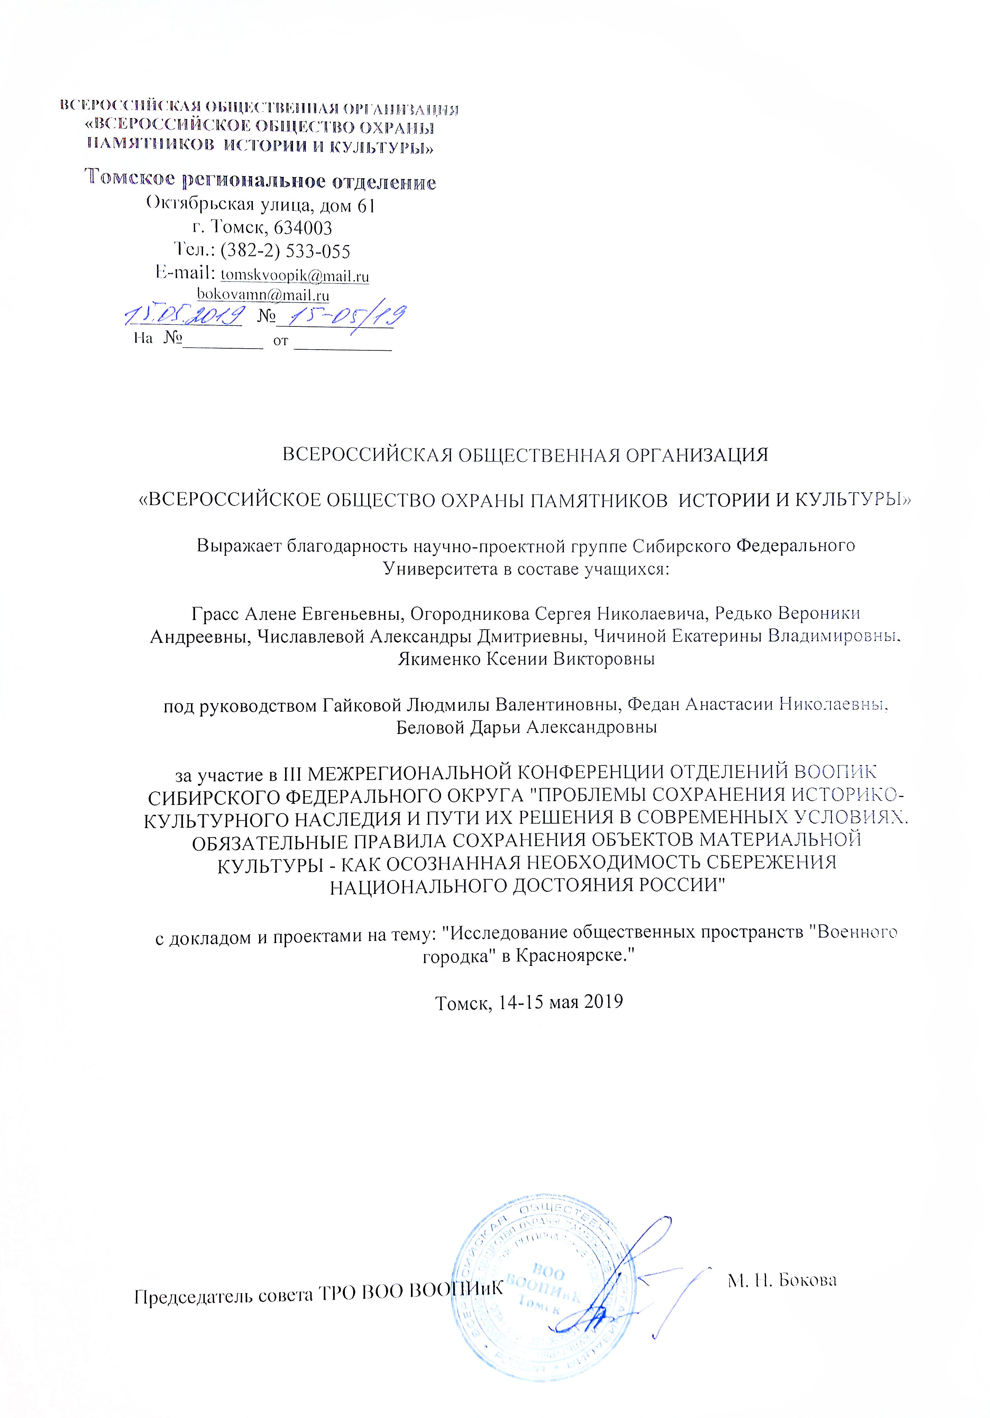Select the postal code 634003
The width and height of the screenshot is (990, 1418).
(302, 228)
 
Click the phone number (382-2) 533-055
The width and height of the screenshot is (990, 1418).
(285, 251)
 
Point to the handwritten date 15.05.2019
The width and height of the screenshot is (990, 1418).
(183, 316)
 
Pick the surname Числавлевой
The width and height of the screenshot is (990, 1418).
(310, 637)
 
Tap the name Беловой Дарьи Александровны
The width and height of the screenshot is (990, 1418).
(526, 728)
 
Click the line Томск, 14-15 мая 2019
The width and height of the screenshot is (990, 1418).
(529, 1002)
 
